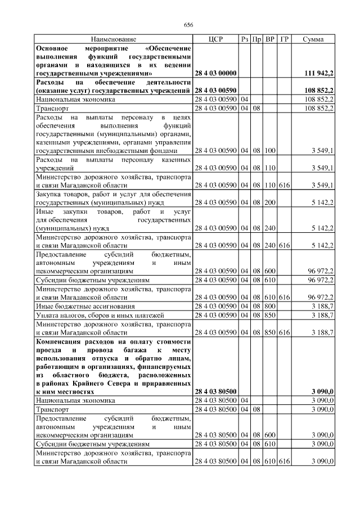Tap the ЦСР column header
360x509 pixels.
[216, 39]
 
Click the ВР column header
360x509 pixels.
[270, 39]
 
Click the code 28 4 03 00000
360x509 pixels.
[216, 74]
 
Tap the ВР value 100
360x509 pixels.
[270, 151]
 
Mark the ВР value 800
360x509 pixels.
[270, 306]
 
